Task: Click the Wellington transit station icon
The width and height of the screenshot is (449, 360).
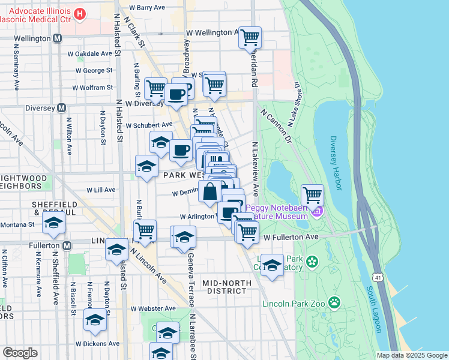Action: click(x=58, y=38)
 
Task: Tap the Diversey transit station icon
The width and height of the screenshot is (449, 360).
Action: click(x=61, y=108)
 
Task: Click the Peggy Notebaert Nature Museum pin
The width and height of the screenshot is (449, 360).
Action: click(x=318, y=212)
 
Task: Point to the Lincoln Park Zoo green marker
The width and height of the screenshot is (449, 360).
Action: click(x=334, y=302)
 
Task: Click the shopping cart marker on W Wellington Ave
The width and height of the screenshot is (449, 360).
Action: click(x=250, y=38)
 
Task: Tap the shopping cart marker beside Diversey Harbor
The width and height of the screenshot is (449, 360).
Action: click(x=312, y=195)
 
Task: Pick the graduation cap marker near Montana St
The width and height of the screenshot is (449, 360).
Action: click(x=54, y=223)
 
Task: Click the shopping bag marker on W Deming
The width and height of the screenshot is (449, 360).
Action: click(x=210, y=193)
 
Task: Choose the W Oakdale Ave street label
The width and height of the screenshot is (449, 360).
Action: click(x=90, y=53)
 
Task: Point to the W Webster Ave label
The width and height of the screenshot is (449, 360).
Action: click(x=153, y=308)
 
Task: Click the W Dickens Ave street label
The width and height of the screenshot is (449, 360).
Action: click(x=97, y=344)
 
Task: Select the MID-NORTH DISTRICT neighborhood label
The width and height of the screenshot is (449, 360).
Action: click(x=224, y=287)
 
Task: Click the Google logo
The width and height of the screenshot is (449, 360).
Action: click(x=19, y=353)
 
